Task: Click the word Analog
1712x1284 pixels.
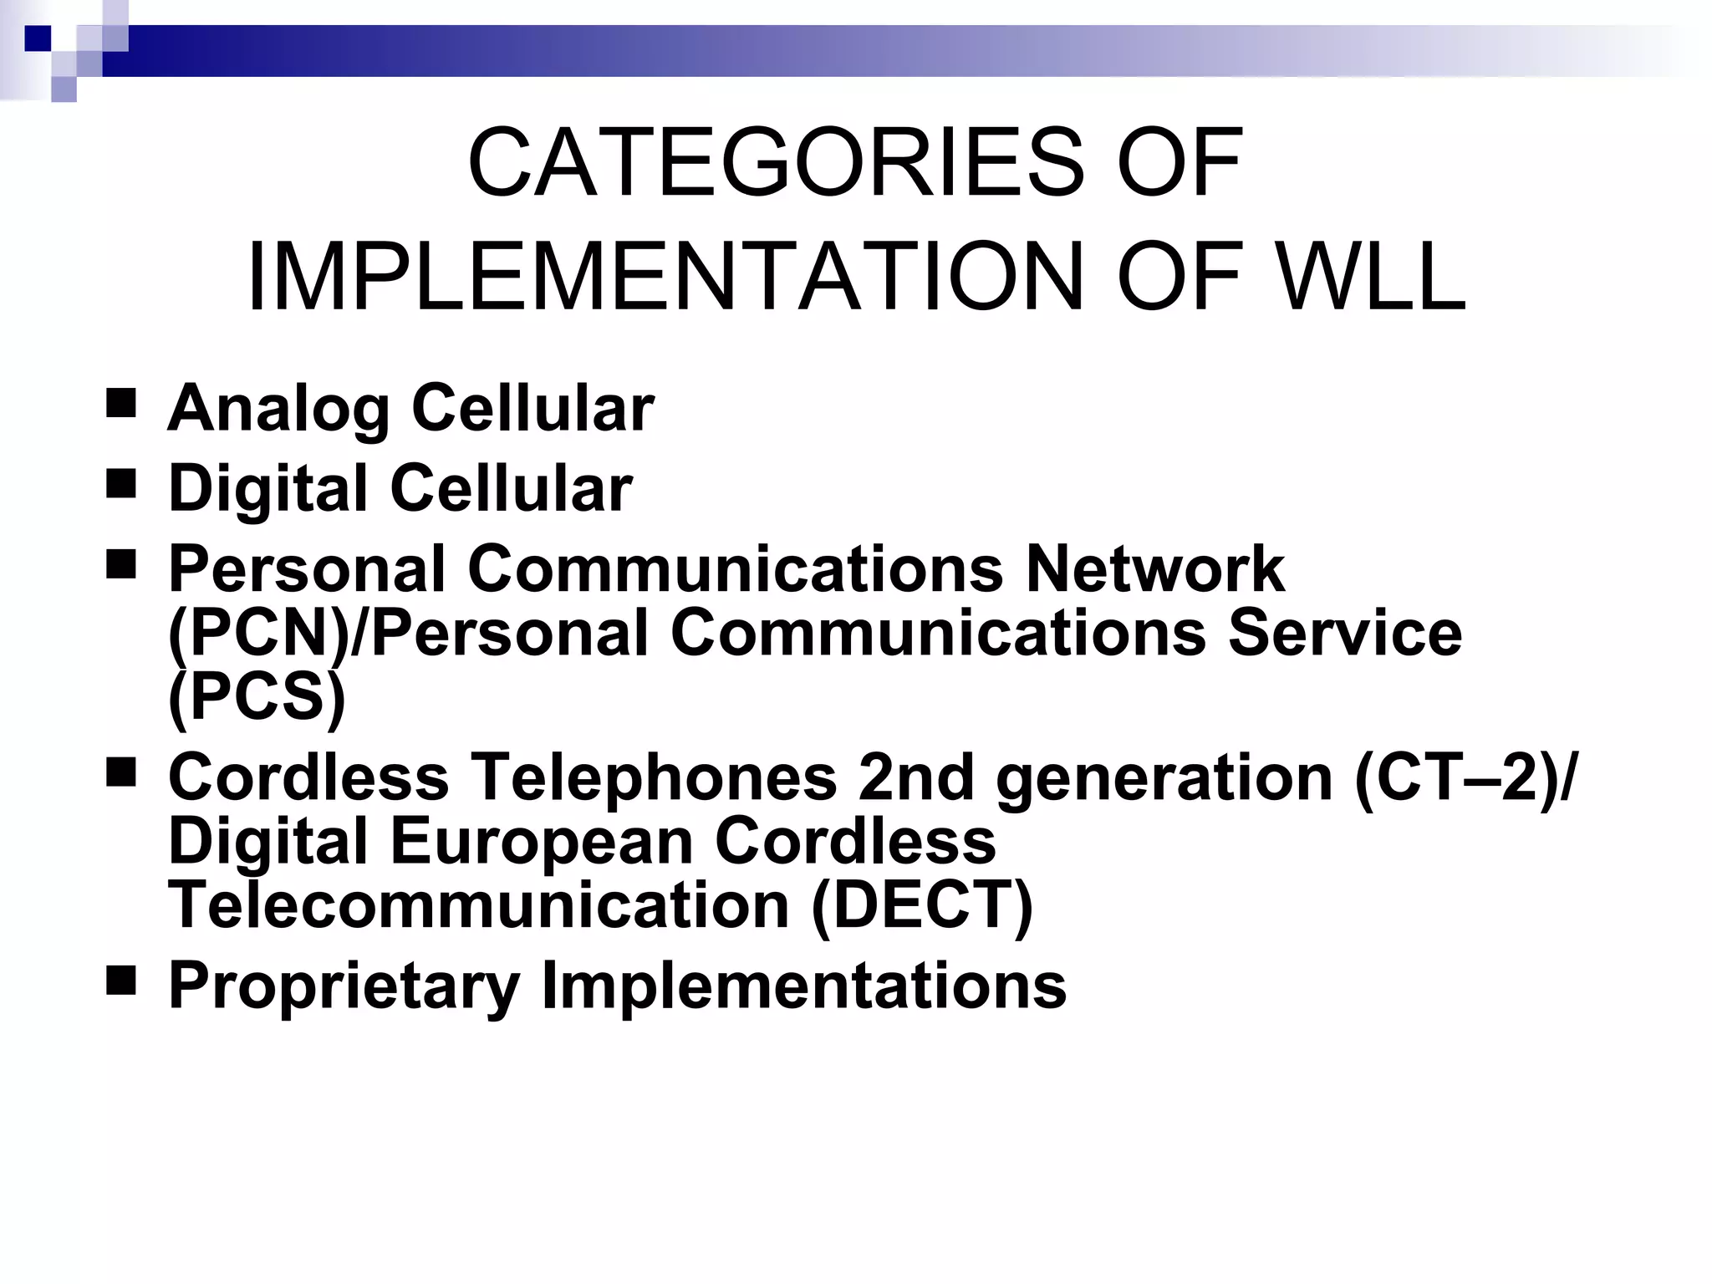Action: coord(278,409)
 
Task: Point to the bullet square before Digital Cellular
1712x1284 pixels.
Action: coord(122,483)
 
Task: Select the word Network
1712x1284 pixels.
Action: coord(1154,569)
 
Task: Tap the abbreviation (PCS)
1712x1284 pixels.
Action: coord(257,696)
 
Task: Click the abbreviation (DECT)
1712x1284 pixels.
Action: coord(922,905)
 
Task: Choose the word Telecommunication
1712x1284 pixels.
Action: coord(479,905)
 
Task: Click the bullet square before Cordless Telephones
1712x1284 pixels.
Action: coord(122,772)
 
